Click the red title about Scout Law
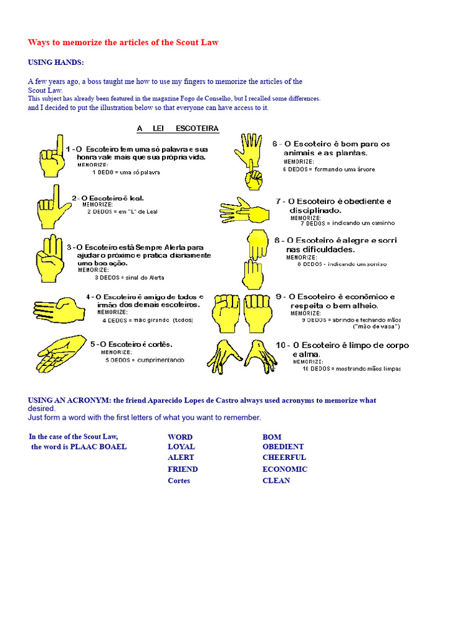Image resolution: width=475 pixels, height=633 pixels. click(123, 42)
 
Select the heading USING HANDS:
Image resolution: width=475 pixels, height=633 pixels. click(56, 62)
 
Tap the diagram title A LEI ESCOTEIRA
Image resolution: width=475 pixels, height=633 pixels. click(177, 129)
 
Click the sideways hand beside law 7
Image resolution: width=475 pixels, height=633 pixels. click(242, 210)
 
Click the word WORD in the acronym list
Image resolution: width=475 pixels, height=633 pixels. click(180, 437)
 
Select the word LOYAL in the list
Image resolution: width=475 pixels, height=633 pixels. click(181, 446)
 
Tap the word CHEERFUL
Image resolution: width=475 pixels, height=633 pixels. click(284, 457)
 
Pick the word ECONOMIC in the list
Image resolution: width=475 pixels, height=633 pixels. click(285, 469)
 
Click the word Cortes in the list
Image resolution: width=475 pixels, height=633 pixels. click(179, 480)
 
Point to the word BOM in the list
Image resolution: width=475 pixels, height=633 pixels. click(272, 437)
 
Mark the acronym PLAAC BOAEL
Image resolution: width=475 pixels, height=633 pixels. click(98, 446)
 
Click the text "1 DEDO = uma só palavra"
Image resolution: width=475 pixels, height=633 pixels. click(129, 172)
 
